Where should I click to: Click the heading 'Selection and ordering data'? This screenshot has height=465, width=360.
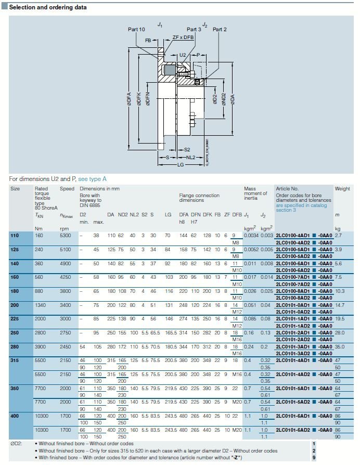(x=48, y=7)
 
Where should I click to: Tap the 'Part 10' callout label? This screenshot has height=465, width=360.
(x=136, y=30)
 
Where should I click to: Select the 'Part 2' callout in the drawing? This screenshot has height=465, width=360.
(x=220, y=30)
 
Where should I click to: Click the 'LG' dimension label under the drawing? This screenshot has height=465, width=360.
(x=181, y=164)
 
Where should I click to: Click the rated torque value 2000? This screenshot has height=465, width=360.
(x=40, y=317)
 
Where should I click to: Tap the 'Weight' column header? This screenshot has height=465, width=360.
(x=342, y=189)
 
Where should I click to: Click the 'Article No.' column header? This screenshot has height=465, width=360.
(x=287, y=189)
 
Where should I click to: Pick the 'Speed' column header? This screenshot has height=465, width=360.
(x=66, y=189)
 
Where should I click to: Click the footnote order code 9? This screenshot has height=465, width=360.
(x=314, y=457)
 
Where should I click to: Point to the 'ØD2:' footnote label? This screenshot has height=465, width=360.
(x=16, y=444)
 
